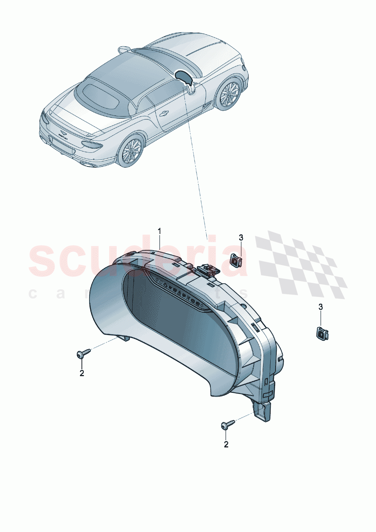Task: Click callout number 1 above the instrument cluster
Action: pyautogui.click(x=160, y=231)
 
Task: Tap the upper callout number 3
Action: pyautogui.click(x=241, y=238)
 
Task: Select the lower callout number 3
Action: pyautogui.click(x=321, y=307)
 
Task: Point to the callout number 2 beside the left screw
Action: pyautogui.click(x=82, y=373)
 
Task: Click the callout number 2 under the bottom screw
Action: pyautogui.click(x=226, y=444)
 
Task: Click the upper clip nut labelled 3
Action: pyautogui.click(x=237, y=260)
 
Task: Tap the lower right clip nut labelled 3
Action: pyautogui.click(x=322, y=334)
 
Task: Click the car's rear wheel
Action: pyautogui.click(x=131, y=151)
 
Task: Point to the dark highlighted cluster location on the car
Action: pyautogui.click(x=185, y=76)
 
